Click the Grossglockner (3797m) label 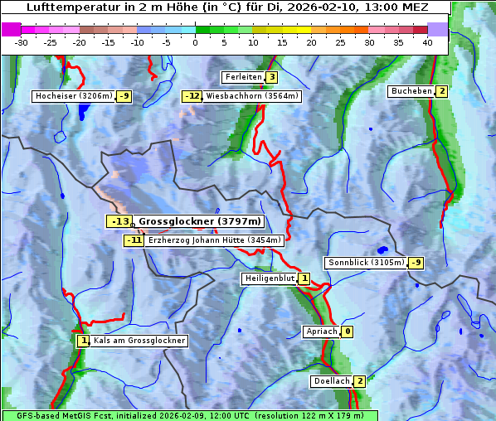tap(199, 221)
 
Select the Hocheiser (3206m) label tap(73, 96)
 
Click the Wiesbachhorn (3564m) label tap(252, 96)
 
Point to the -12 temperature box tap(192, 96)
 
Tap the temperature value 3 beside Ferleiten tap(271, 77)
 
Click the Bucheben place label tap(411, 91)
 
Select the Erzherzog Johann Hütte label tap(215, 240)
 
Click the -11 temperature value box tap(134, 240)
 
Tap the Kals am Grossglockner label tap(139, 341)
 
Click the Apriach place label tap(322, 331)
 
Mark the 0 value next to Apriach tap(347, 331)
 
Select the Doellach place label tap(331, 381)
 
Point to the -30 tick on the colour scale tap(22, 41)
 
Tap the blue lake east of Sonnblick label tap(382, 249)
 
